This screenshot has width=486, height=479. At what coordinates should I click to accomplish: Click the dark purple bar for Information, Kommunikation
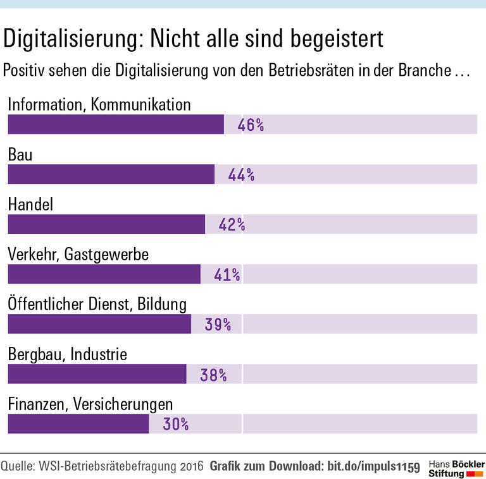click(x=115, y=124)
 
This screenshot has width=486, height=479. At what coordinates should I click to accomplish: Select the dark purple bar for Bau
click(x=111, y=174)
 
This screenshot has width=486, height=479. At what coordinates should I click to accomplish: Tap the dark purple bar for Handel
click(x=106, y=224)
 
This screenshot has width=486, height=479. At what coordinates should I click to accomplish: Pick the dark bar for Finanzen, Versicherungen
click(x=78, y=424)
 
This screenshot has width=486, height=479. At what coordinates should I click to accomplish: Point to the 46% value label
click(x=251, y=125)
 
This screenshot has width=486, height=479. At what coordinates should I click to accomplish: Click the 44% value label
click(x=241, y=175)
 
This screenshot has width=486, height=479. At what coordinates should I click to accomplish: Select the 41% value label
click(x=227, y=274)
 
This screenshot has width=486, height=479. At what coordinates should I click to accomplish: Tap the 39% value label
click(x=218, y=324)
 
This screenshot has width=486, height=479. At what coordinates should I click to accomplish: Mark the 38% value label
click(x=213, y=374)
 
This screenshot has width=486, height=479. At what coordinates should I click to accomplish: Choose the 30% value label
click(x=175, y=424)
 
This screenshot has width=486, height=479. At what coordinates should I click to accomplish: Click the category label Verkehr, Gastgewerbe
click(x=78, y=255)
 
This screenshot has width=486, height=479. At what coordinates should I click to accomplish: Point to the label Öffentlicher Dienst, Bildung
click(x=97, y=305)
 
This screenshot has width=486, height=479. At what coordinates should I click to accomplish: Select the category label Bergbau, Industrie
click(x=67, y=354)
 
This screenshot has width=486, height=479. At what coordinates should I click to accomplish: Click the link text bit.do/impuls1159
click(x=373, y=467)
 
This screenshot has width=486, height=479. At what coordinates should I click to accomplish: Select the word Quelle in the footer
click(x=18, y=467)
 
